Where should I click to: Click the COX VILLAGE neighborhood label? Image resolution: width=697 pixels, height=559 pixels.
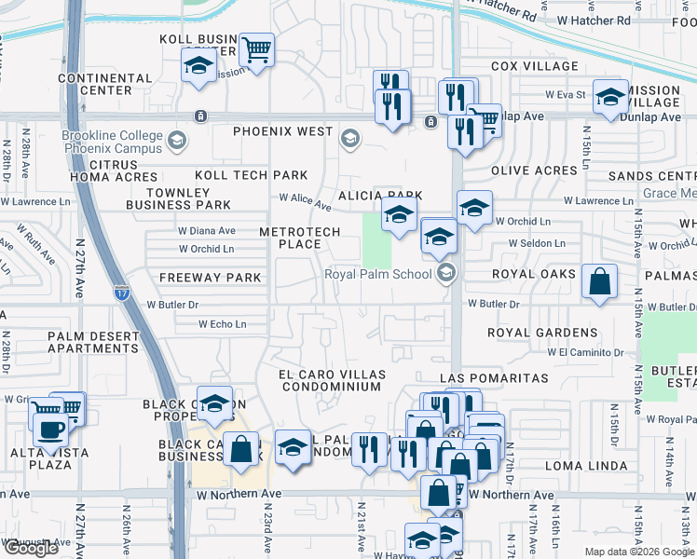[x=535, y=67]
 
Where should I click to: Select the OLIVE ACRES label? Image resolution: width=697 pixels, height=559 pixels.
[x=534, y=170]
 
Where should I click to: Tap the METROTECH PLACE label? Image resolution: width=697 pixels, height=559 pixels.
[x=290, y=238]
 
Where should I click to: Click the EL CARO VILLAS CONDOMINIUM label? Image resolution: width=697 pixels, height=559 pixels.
[x=331, y=380]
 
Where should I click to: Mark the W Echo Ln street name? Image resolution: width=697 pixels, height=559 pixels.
[x=222, y=324]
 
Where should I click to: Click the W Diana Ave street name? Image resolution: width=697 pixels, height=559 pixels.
[x=206, y=230]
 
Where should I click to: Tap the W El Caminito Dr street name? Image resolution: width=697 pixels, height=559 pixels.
[x=585, y=352]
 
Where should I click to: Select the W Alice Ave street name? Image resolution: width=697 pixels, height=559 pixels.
[x=306, y=200]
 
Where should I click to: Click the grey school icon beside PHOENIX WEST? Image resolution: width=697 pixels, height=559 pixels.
[x=349, y=140]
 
